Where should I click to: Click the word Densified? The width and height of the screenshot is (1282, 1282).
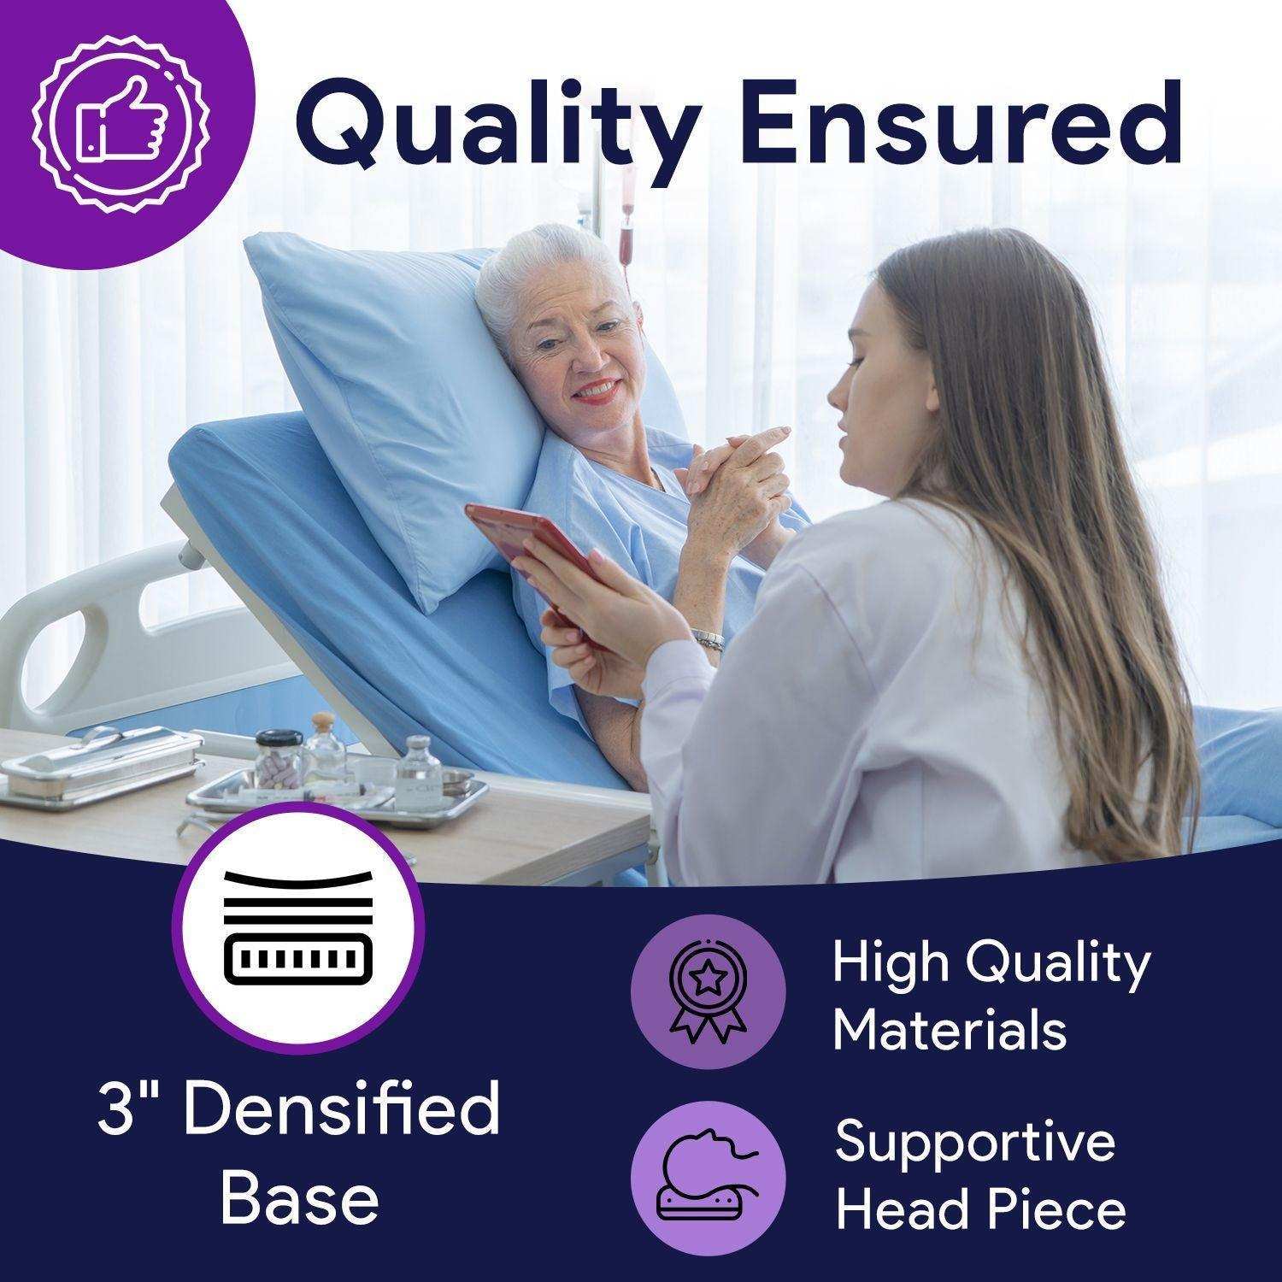pyautogui.click(x=342, y=1109)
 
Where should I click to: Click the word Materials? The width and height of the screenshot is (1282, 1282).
pyautogui.click(x=950, y=1029)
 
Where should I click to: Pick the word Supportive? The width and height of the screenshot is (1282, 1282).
pyautogui.click(x=975, y=1141)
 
